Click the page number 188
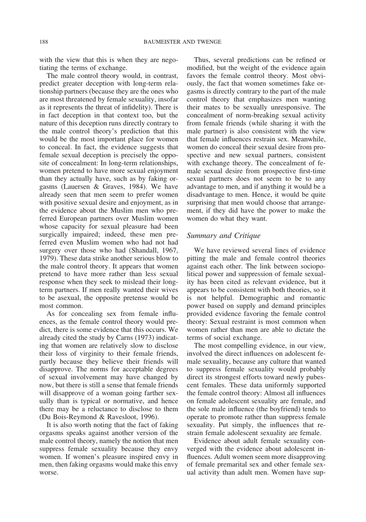[44, 42]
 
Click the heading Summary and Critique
[223, 235]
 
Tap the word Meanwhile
[307, 139]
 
